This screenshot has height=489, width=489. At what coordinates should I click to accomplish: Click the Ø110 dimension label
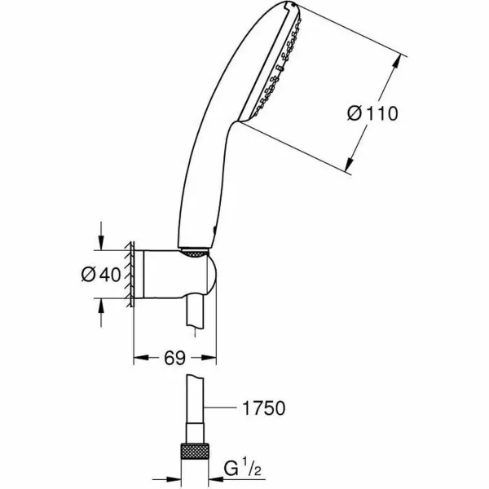point(372,114)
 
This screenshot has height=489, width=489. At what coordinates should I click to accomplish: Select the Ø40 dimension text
point(104,274)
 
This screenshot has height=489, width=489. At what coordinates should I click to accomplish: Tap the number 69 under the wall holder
point(173,357)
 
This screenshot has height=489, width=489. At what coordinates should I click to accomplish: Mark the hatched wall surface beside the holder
point(128,274)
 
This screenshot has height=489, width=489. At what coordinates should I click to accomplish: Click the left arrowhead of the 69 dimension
point(138,357)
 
